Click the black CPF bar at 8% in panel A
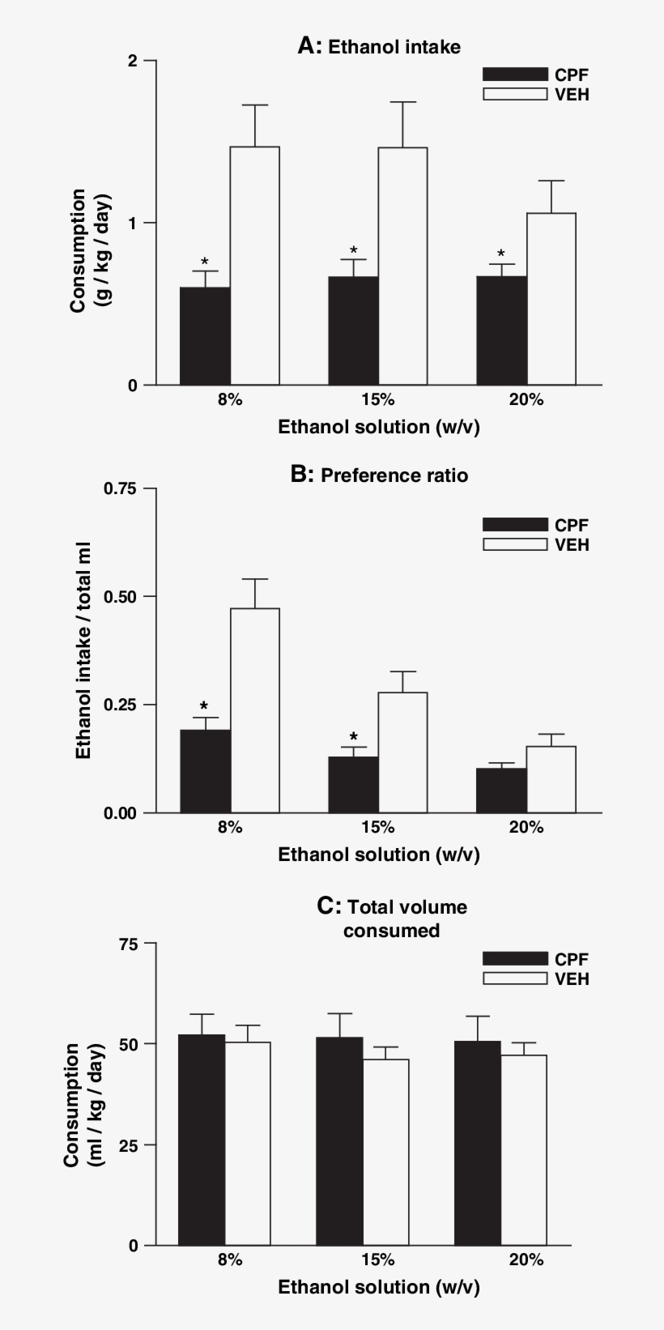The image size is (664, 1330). pyautogui.click(x=205, y=336)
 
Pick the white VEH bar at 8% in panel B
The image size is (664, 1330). pyautogui.click(x=254, y=710)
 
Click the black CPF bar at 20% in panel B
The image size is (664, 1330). pyautogui.click(x=501, y=790)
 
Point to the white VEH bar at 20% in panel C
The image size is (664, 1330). pyautogui.click(x=523, y=1149)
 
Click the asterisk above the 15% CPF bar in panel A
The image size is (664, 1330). pyautogui.click(x=353, y=250)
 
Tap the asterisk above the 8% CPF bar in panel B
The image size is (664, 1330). pyautogui.click(x=204, y=706)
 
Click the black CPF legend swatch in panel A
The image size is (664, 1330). pyautogui.click(x=515, y=75)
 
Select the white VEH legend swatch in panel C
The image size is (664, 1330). pyautogui.click(x=515, y=978)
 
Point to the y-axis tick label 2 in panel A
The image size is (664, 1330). pyautogui.click(x=132, y=61)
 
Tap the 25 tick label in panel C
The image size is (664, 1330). pyautogui.click(x=128, y=1145)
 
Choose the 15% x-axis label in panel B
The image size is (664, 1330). pyautogui.click(x=378, y=827)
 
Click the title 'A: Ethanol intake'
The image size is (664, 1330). pyautogui.click(x=379, y=47)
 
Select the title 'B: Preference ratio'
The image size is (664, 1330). pyautogui.click(x=379, y=475)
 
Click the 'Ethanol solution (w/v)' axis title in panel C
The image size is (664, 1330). pyautogui.click(x=379, y=1287)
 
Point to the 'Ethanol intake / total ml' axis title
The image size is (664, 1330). pyautogui.click(x=83, y=650)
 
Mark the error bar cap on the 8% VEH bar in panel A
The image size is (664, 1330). pyautogui.click(x=254, y=105)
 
